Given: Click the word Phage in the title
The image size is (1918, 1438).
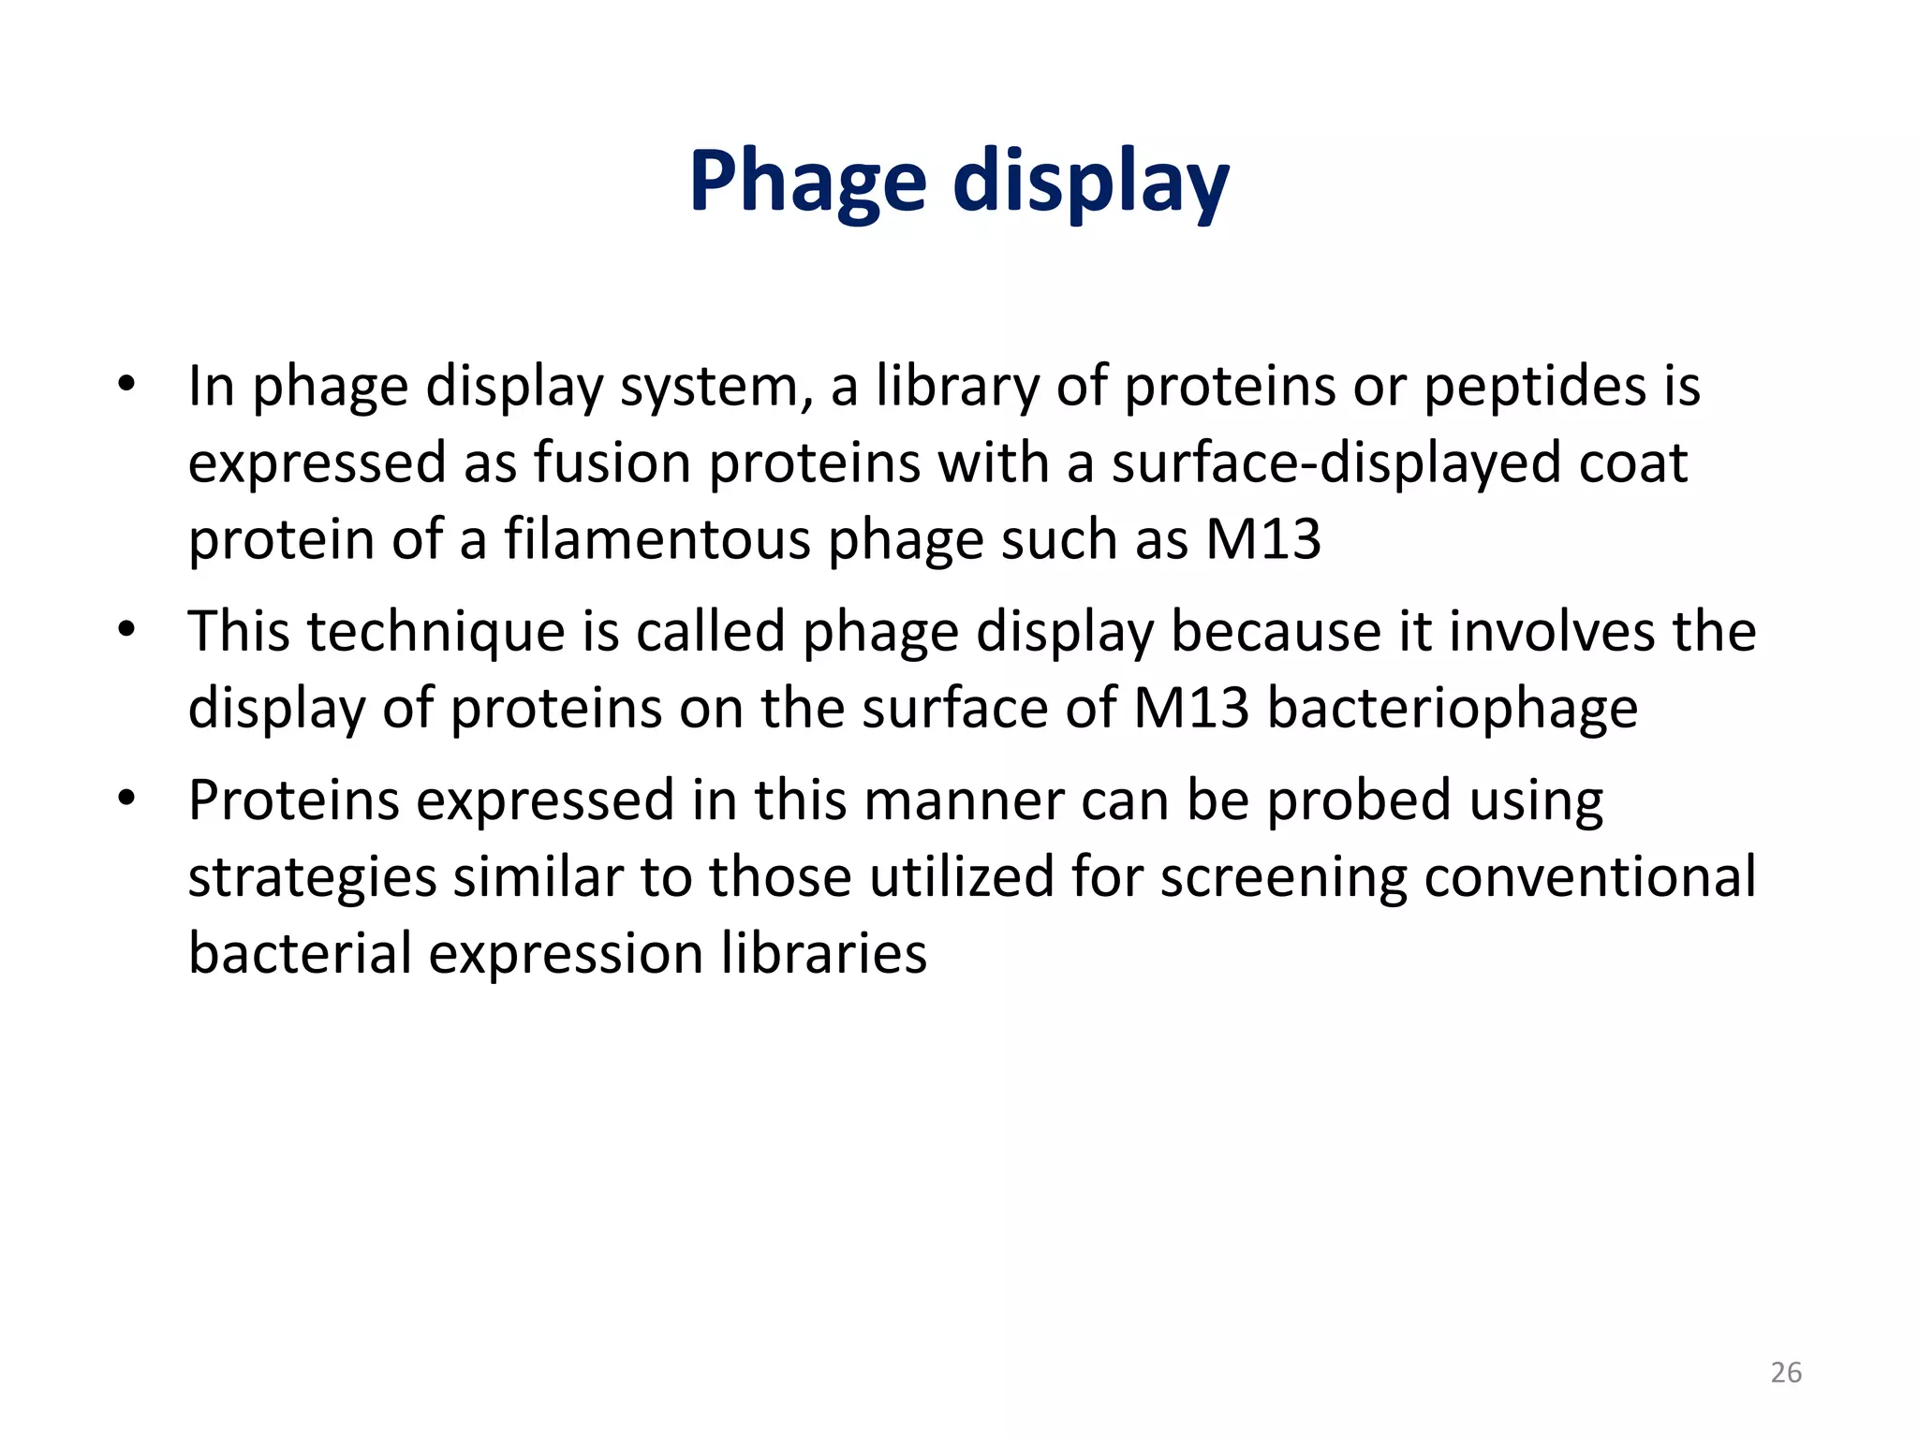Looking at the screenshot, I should (807, 183).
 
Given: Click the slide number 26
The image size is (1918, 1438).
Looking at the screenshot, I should (1786, 1372).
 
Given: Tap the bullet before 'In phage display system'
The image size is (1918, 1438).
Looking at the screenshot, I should (127, 384).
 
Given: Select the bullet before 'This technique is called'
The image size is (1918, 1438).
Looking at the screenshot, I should (127, 629).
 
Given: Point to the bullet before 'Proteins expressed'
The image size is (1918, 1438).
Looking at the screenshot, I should (127, 799).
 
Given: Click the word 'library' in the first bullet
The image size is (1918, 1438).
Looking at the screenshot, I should (957, 386).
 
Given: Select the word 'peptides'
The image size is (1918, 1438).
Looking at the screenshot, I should (1533, 386).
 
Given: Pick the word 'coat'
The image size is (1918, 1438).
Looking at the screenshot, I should (1633, 462).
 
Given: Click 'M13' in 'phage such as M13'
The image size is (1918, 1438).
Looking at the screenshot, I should (1262, 539).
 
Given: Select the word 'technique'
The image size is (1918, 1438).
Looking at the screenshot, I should (436, 631).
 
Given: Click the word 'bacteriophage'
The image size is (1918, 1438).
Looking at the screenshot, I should (1452, 708).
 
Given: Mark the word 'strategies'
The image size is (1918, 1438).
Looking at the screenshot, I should (312, 878).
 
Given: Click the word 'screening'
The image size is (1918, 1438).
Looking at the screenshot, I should (1283, 878).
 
